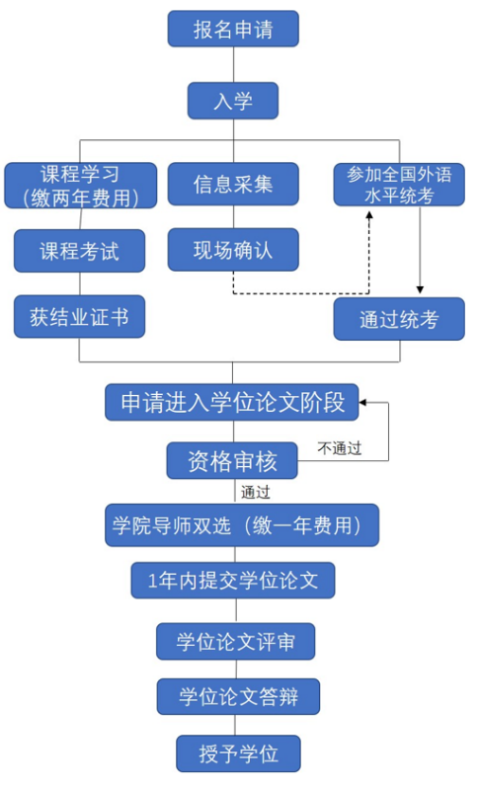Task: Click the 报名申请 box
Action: (x=233, y=30)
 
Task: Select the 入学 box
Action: (x=233, y=101)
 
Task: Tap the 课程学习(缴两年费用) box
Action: (x=81, y=186)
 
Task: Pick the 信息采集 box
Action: (x=233, y=184)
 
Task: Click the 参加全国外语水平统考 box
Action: (x=399, y=185)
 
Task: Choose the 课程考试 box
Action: (x=79, y=251)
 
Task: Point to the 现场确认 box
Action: (x=233, y=250)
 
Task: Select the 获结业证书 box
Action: (x=79, y=317)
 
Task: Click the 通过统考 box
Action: (x=399, y=319)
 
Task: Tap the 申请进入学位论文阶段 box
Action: (x=232, y=403)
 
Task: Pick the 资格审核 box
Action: (x=232, y=460)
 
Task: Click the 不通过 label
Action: (x=340, y=448)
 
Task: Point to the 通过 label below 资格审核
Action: (x=256, y=492)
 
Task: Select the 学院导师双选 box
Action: (x=242, y=525)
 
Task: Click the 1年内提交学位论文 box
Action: (x=233, y=581)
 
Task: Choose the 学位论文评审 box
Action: (x=235, y=642)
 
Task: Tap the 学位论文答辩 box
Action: (x=238, y=697)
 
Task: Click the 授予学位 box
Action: (x=238, y=753)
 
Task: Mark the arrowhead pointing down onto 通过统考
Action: (x=420, y=290)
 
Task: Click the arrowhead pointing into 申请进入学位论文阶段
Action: (x=363, y=403)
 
